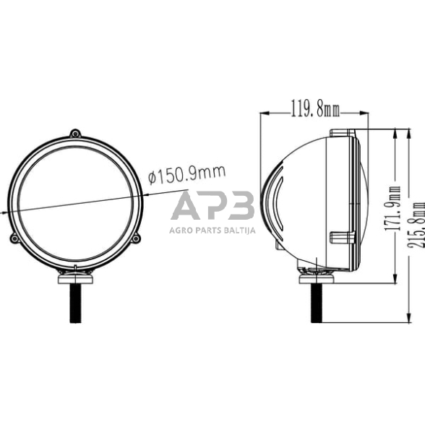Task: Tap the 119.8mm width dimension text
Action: coord(315,111)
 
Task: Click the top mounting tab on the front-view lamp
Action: coord(76,133)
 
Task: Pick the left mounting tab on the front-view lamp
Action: coord(14,239)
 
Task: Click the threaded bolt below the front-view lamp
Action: coord(75,302)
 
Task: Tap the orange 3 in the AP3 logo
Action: coord(239,207)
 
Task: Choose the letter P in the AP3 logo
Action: coord(214,207)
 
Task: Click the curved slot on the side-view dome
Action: coord(277,209)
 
